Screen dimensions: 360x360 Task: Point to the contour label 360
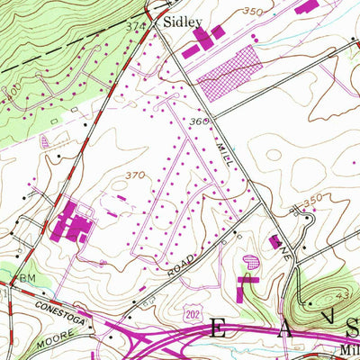tap(199, 121)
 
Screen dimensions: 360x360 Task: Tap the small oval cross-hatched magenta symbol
tap(252, 262)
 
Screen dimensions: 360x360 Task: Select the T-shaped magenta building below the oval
tap(244, 288)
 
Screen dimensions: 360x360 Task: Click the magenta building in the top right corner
tap(306, 6)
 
